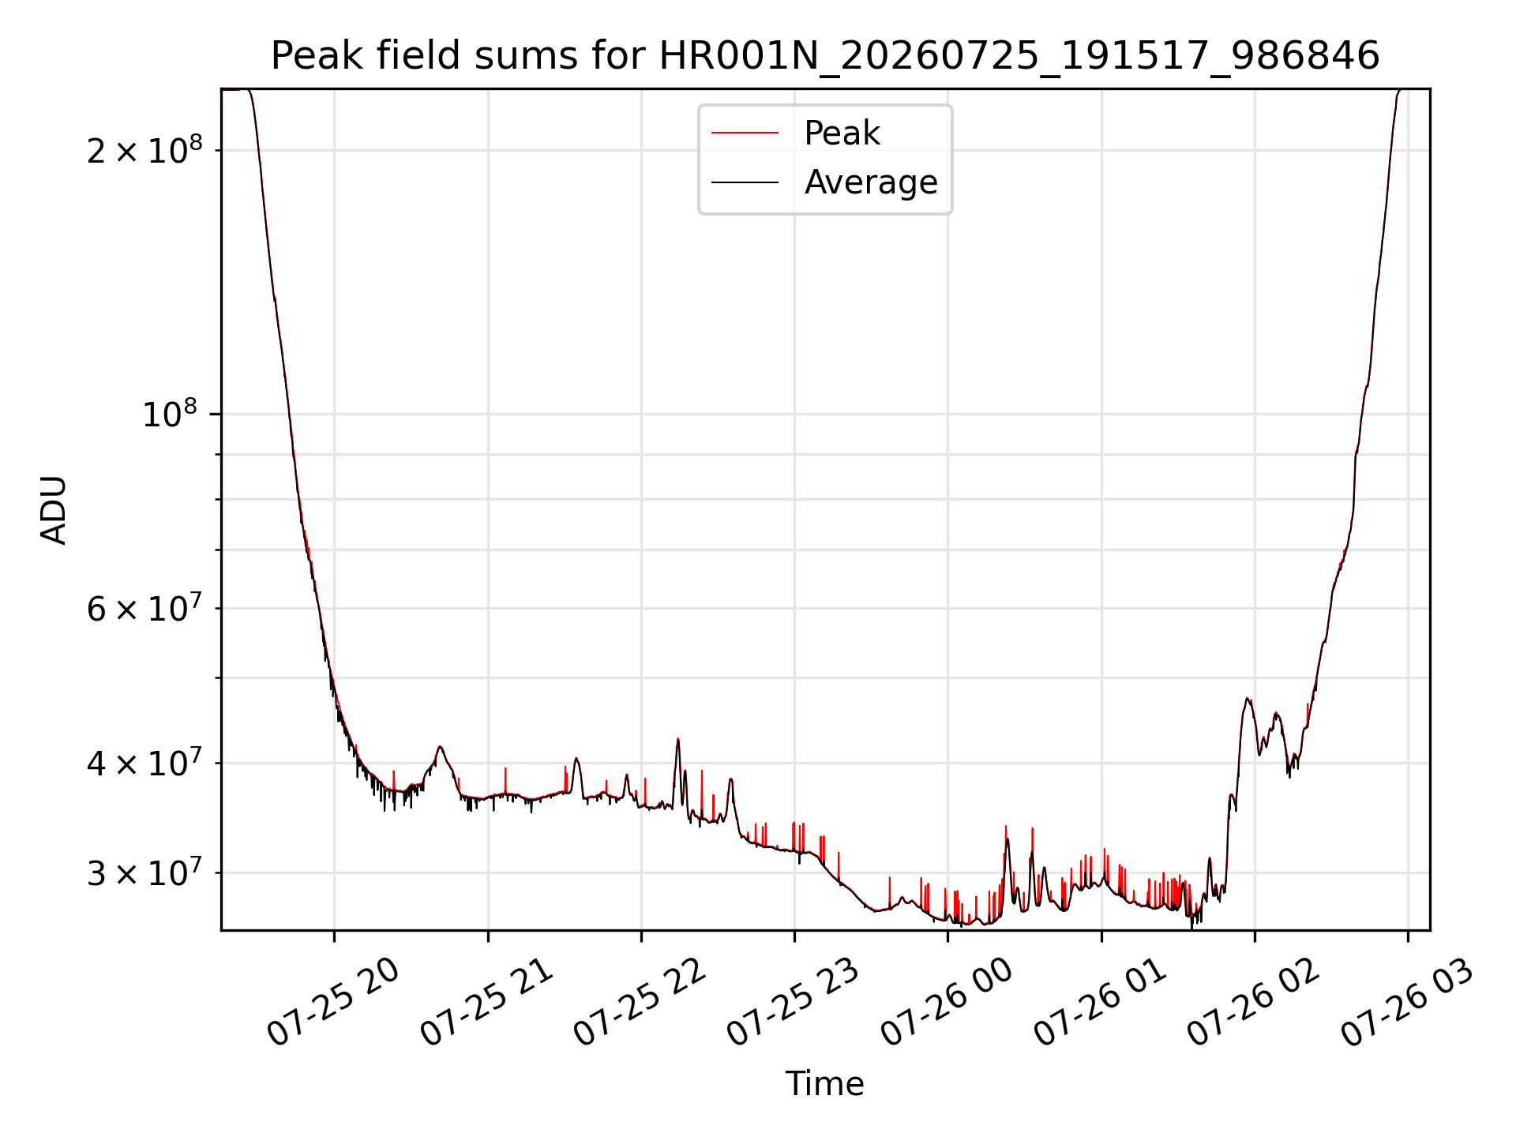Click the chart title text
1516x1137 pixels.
tap(825, 56)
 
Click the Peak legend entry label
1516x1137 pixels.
tap(842, 133)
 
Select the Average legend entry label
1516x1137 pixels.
tap(871, 182)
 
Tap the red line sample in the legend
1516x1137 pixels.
tap(745, 133)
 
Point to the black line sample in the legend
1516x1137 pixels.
tap(745, 182)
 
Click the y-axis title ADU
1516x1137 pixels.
tap(54, 510)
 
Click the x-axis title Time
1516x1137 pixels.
tap(825, 1083)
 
